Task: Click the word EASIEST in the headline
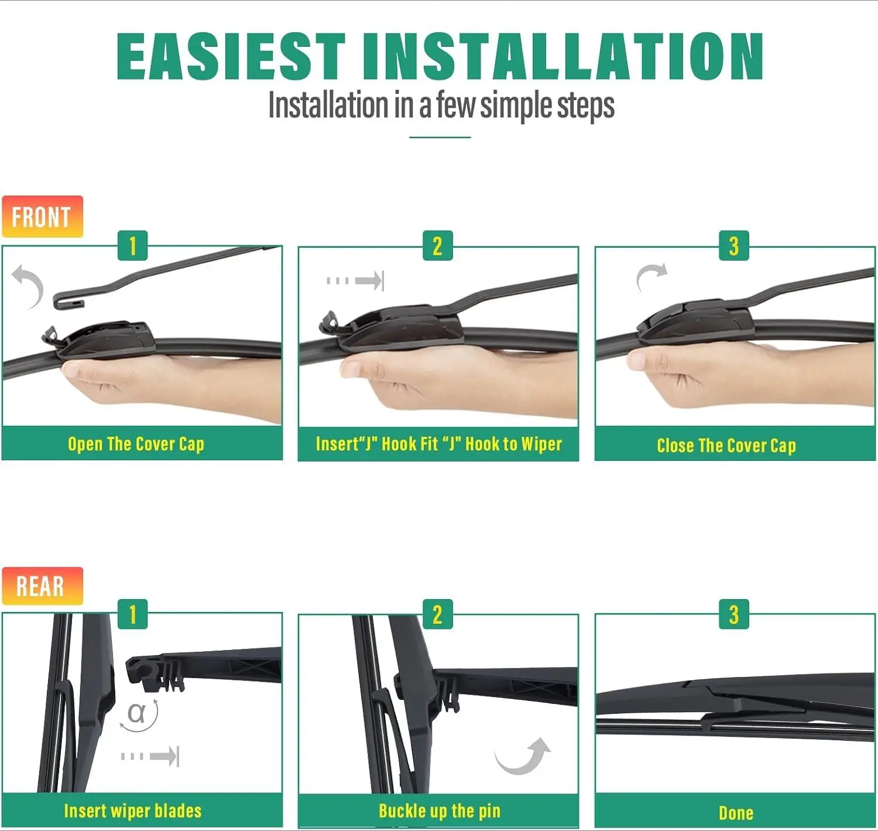[231, 56]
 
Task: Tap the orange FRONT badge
[42, 217]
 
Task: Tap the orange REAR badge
[42, 586]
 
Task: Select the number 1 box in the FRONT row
[133, 246]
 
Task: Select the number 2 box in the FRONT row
[438, 246]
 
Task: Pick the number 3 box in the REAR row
[734, 614]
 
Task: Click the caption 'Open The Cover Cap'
[136, 444]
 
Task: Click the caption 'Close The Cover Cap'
[726, 445]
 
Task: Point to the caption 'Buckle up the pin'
[440, 811]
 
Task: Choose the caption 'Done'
[736, 813]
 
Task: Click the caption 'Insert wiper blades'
[133, 811]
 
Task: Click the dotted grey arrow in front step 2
[355, 281]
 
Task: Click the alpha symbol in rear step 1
[136, 713]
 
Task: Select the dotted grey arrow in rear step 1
[150, 756]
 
